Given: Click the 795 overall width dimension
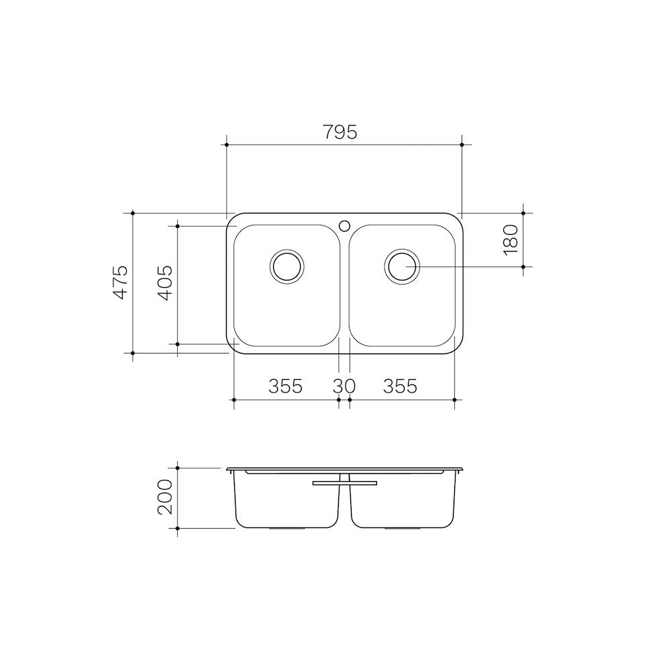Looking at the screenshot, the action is (340, 132).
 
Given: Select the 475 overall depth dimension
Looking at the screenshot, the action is (120, 282).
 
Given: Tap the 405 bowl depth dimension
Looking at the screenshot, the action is (165, 282).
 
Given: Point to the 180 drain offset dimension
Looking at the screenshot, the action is (511, 240).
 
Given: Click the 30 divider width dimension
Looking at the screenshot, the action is (344, 386).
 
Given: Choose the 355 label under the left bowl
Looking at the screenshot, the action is (285, 386).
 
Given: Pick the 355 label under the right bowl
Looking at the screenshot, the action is (400, 386).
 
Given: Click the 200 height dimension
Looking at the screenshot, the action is (165, 497).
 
